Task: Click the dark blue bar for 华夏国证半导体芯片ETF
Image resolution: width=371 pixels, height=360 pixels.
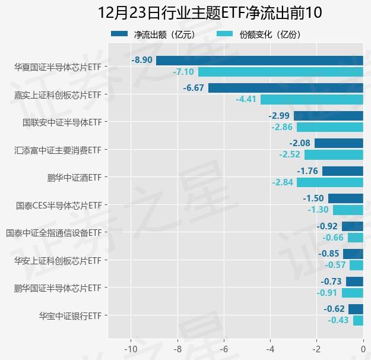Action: pyautogui.click(x=259, y=60)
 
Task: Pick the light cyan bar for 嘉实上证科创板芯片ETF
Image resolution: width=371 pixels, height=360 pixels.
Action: pyautogui.click(x=312, y=99)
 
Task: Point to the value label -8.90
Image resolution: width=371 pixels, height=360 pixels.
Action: pyautogui.click(x=142, y=60)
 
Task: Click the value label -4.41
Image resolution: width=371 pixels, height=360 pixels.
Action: pyautogui.click(x=246, y=99)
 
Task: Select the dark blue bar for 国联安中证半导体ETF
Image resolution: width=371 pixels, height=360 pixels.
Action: pyautogui.click(x=328, y=116)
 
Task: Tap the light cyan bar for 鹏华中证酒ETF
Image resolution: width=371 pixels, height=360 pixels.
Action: pyautogui.click(x=330, y=182)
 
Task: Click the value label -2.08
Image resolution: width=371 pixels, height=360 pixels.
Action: pyautogui.click(x=300, y=143)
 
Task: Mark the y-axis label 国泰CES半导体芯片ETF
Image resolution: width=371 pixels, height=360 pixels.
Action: pyautogui.click(x=59, y=206)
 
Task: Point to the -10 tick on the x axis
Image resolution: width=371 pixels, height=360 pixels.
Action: pyautogui.click(x=130, y=349)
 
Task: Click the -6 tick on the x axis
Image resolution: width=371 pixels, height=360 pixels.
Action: pyautogui.click(x=224, y=349)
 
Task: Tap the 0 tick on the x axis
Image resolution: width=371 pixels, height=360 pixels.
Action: pyautogui.click(x=363, y=349)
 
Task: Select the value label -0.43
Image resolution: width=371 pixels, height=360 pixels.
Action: pyautogui.click(x=338, y=320)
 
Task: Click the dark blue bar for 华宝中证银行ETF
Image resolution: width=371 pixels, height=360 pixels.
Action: pyautogui.click(x=356, y=309)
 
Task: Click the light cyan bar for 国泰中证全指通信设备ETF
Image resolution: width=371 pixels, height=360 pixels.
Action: pyautogui.click(x=355, y=238)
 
